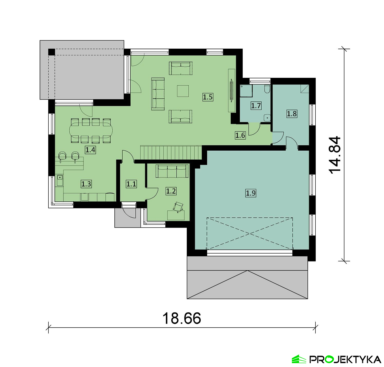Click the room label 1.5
pos(208,97)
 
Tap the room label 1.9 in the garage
pos(251,193)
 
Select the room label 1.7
pos(256,106)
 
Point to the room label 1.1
pos(131,184)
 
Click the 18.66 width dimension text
pos(182,318)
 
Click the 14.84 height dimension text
pos(335,155)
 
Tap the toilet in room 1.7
pos(267,89)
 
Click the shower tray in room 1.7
pos(246,91)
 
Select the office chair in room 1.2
pos(179,207)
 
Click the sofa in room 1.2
pos(172,171)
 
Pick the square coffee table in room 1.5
pos(183,91)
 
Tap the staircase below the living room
pos(171,152)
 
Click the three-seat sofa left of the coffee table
pos(158,94)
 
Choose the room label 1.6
pos(240,135)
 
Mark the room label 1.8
pos(292,113)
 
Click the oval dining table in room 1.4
pos(91,131)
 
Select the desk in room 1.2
pos(176,215)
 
